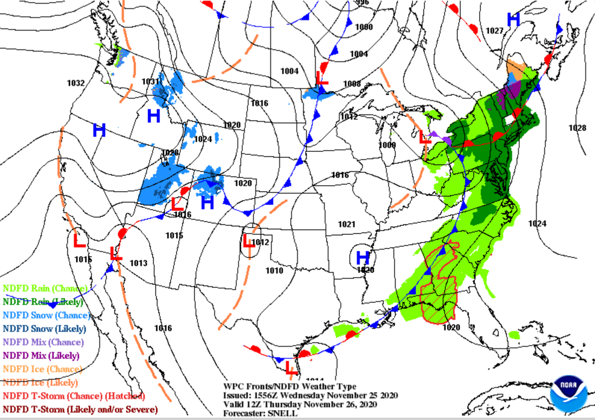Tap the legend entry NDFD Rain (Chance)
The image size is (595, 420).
coord(45,288)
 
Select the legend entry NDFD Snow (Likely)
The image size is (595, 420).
coord(45,329)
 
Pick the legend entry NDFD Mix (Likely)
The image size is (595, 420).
coord(42,355)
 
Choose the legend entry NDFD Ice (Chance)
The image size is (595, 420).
coord(42,369)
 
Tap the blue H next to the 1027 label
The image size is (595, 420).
coord(513,20)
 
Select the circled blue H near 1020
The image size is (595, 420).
coord(363,257)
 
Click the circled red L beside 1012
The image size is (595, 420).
coord(249,241)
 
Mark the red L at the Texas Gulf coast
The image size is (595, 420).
coord(292,368)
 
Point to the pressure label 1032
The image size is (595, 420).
coord(76,83)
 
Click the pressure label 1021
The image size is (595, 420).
coord(347,224)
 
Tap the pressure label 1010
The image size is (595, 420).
coord(274,271)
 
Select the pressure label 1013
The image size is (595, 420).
coord(138,263)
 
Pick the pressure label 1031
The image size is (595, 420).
coord(151,81)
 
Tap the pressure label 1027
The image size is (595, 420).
coord(494,31)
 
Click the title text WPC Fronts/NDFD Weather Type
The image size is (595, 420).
coord(290,387)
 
